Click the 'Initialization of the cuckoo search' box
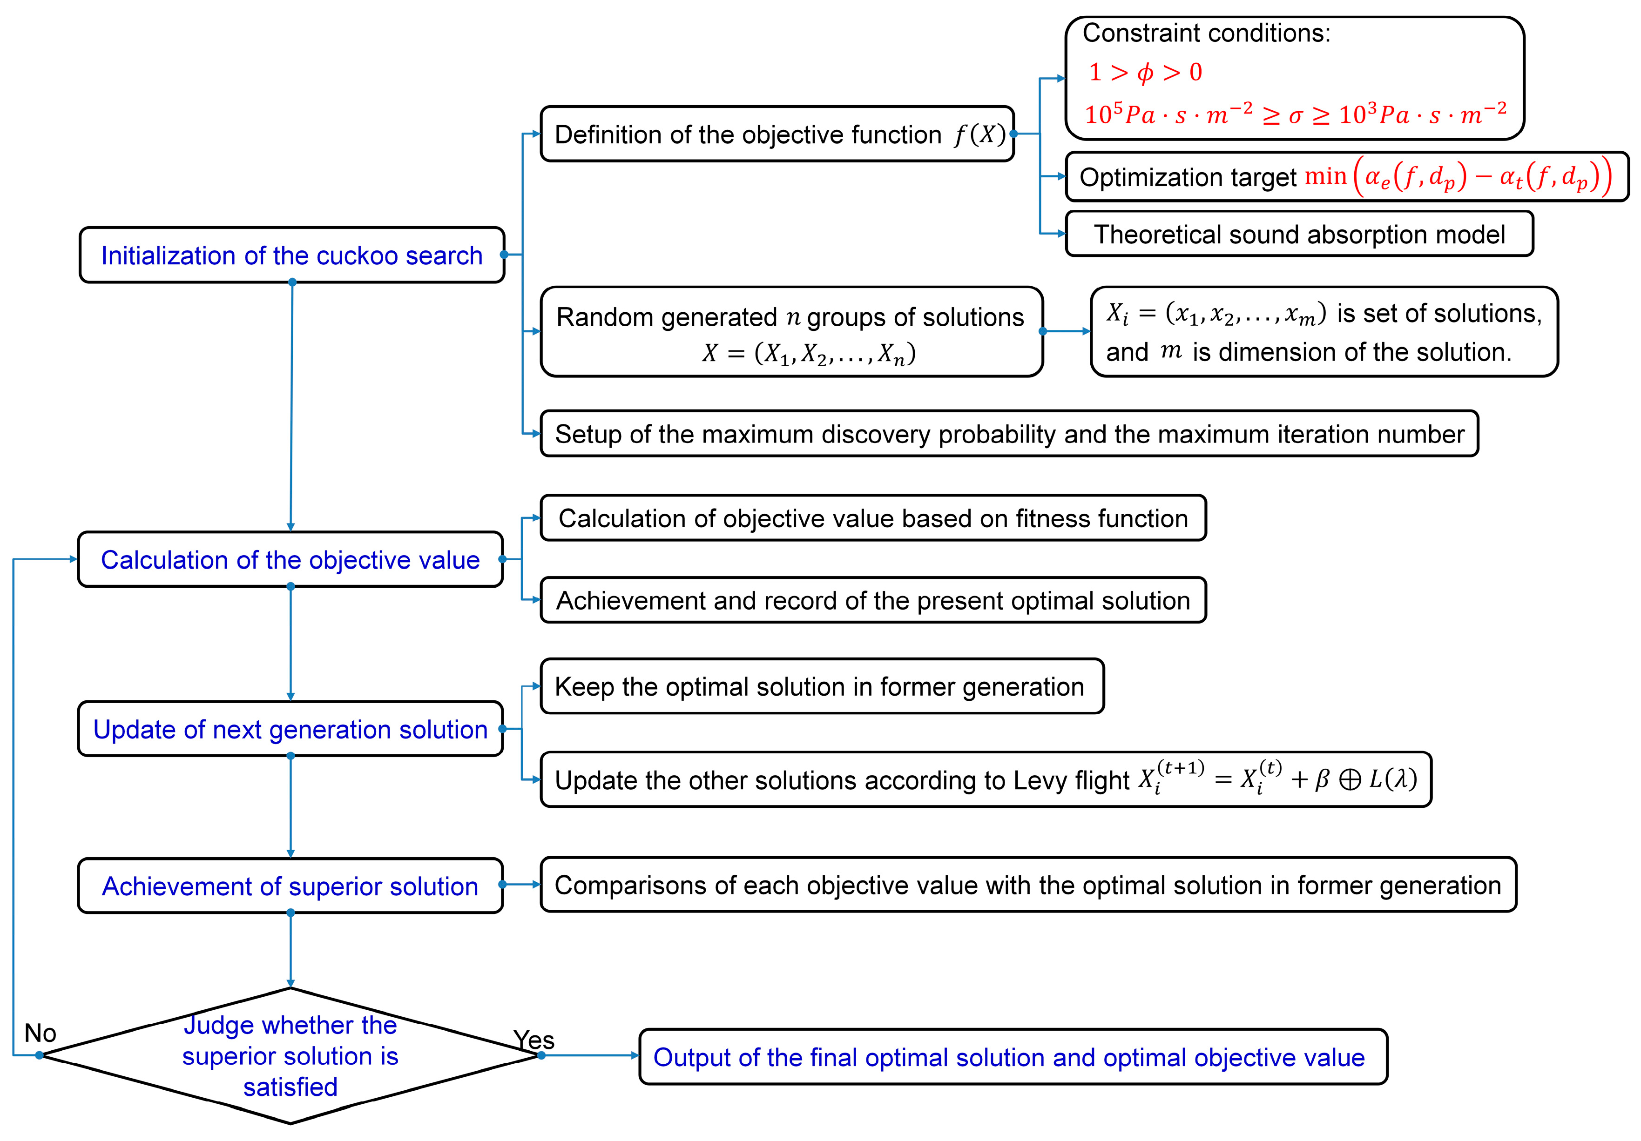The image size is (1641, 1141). click(291, 255)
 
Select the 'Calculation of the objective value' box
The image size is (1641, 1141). click(290, 559)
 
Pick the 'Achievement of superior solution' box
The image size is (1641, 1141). click(290, 886)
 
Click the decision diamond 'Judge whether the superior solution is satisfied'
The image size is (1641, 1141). click(290, 1055)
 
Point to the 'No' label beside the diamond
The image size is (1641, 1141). click(40, 1033)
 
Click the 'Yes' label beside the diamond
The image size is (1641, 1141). click(534, 1040)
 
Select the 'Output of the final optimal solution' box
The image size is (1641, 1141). click(1012, 1057)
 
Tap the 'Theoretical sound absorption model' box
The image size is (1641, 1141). click(1299, 235)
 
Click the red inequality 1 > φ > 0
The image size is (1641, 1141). click(1145, 72)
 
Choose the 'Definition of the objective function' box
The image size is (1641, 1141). click(777, 134)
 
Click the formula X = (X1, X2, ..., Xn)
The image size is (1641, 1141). click(808, 353)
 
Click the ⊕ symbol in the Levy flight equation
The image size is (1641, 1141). click(1350, 779)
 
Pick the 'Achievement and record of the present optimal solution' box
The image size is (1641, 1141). click(873, 600)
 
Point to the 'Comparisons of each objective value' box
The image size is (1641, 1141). click(1028, 885)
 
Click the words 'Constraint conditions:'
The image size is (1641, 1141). click(1207, 33)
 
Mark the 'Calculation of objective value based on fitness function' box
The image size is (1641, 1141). click(873, 518)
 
